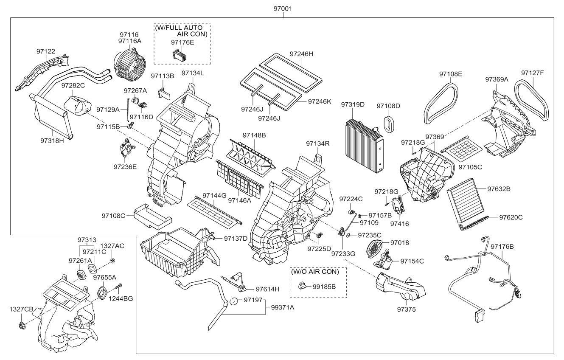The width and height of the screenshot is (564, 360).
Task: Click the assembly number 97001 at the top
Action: [282, 8]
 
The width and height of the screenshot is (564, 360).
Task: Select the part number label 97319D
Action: [352, 104]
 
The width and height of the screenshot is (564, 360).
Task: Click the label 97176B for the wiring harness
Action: [502, 246]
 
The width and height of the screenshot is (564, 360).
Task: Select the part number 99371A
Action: [282, 307]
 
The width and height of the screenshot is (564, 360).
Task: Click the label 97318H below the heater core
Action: [52, 141]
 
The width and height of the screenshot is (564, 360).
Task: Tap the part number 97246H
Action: [301, 54]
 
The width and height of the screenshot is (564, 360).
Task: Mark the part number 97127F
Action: [532, 73]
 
